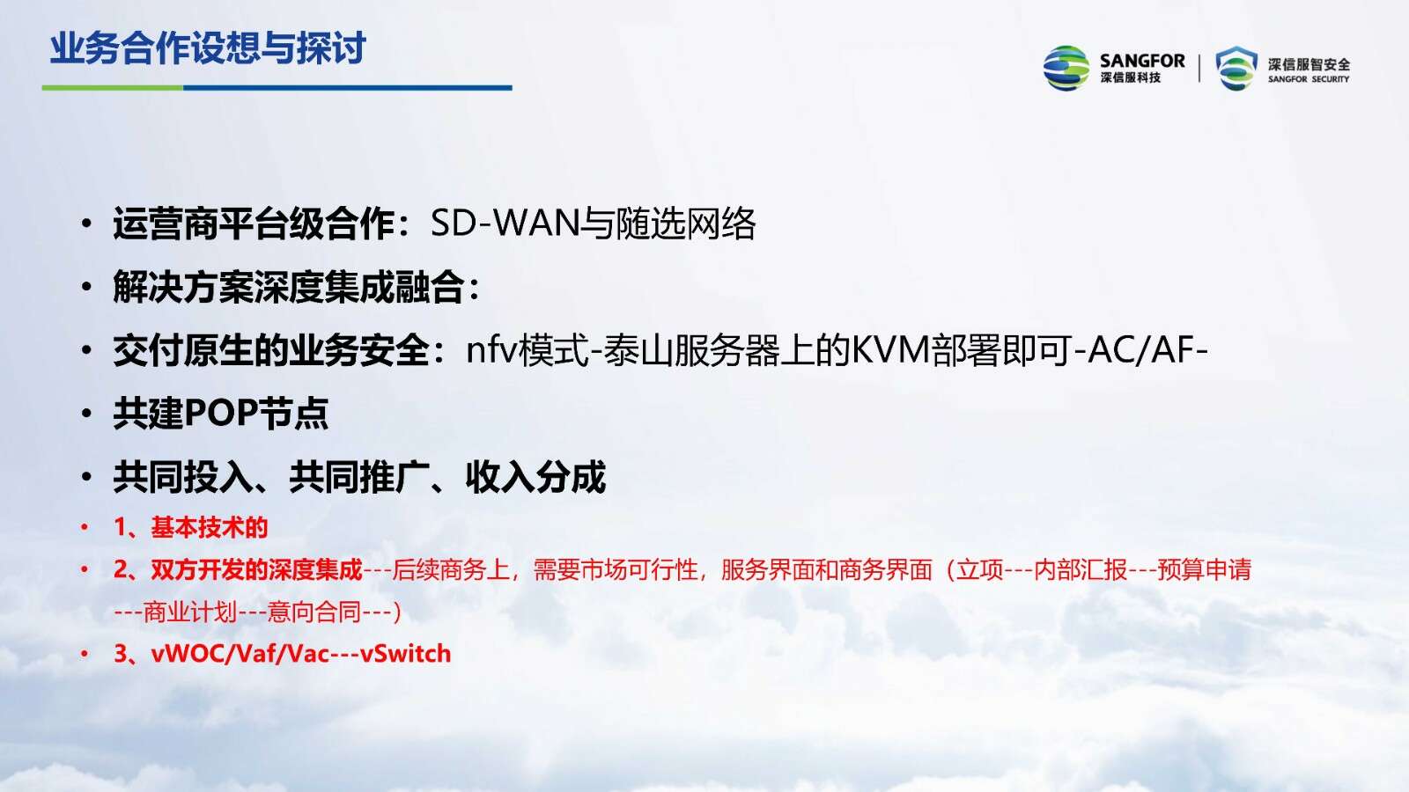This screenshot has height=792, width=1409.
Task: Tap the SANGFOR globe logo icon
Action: [x=1066, y=68]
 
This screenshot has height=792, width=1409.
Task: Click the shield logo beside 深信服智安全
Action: [x=1236, y=68]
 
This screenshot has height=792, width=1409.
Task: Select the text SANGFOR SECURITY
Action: [x=1309, y=79]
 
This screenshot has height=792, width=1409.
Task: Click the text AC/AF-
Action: [x=1148, y=349]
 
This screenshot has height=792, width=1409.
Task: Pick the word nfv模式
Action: [x=527, y=349]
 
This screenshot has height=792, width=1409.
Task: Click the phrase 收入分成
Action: [x=535, y=477]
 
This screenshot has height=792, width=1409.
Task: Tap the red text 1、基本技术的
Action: [x=190, y=527]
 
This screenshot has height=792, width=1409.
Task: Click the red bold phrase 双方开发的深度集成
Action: [x=256, y=569]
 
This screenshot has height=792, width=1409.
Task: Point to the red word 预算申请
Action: [x=1204, y=569]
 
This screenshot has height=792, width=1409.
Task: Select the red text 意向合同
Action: [x=314, y=612]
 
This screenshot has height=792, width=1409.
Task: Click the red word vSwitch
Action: [x=406, y=654]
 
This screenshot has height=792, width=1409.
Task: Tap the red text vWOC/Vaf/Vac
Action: [x=240, y=654]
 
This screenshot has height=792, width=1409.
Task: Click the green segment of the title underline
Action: [x=113, y=87]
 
